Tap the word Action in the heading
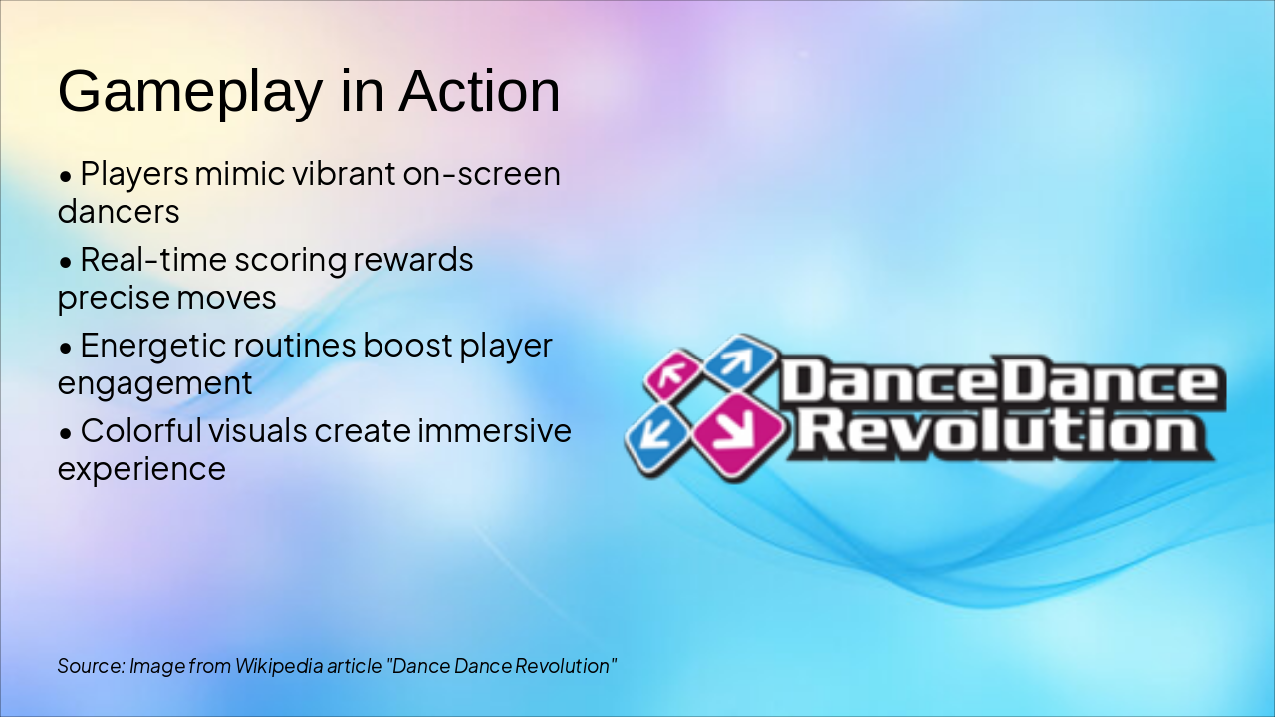[479, 91]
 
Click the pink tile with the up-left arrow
[673, 374]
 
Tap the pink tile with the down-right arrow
[738, 436]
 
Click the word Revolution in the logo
[1003, 433]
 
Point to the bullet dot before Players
[66, 176]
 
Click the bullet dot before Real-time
[66, 262]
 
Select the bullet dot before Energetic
[66, 348]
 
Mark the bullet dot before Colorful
[66, 433]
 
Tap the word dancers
[119, 212]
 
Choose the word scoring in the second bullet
[290, 261]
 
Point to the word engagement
[154, 384]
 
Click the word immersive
[494, 431]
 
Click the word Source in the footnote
[91, 666]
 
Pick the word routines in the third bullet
[294, 346]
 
